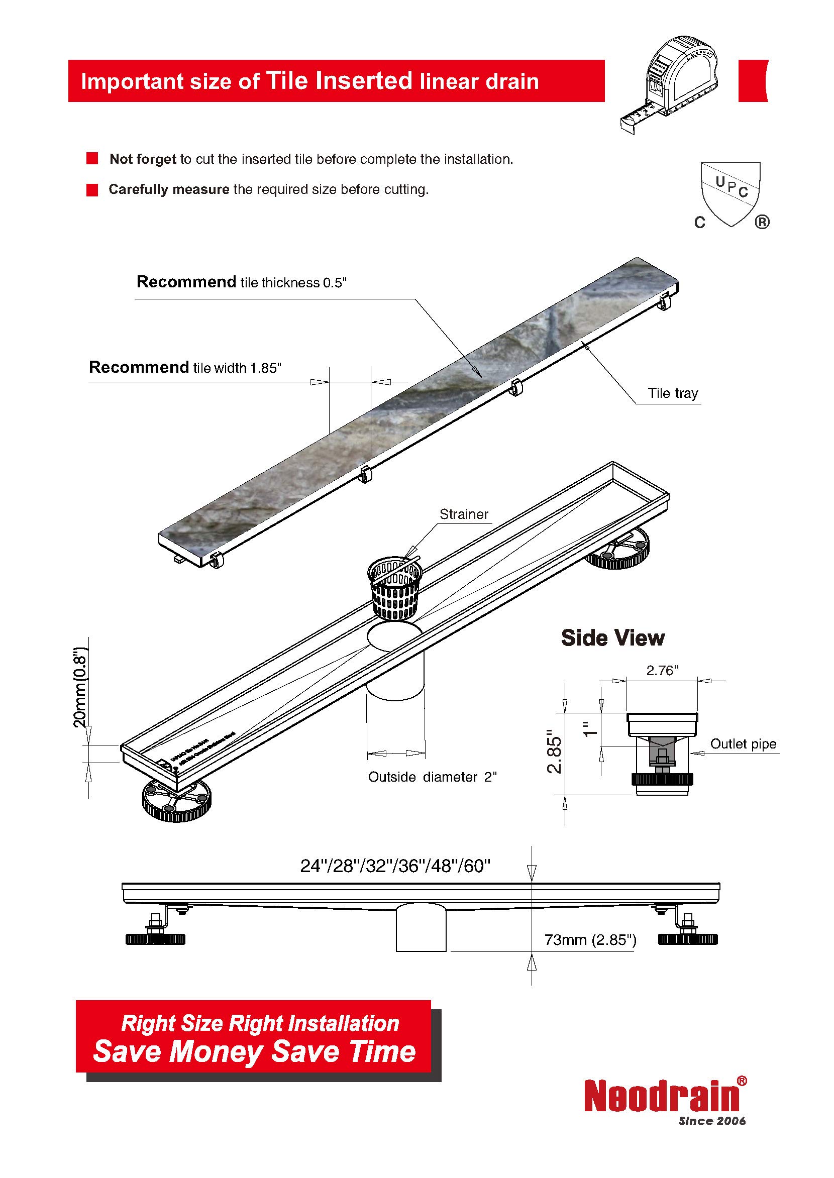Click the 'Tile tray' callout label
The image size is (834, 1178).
(673, 393)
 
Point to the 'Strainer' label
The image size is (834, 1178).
(464, 514)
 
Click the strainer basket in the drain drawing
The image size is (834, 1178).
(394, 588)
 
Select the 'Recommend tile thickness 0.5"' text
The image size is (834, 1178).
(241, 282)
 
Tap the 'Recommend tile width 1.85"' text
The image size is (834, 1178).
(185, 368)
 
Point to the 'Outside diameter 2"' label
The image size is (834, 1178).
(432, 777)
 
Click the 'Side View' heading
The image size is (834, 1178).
(612, 638)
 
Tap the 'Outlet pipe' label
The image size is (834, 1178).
(743, 744)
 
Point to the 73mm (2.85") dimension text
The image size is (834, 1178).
(590, 940)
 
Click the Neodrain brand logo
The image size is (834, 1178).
(663, 1095)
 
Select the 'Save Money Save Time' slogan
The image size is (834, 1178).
(254, 1050)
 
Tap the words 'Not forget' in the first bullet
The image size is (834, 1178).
(143, 159)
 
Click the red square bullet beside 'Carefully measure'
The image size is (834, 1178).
(92, 190)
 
